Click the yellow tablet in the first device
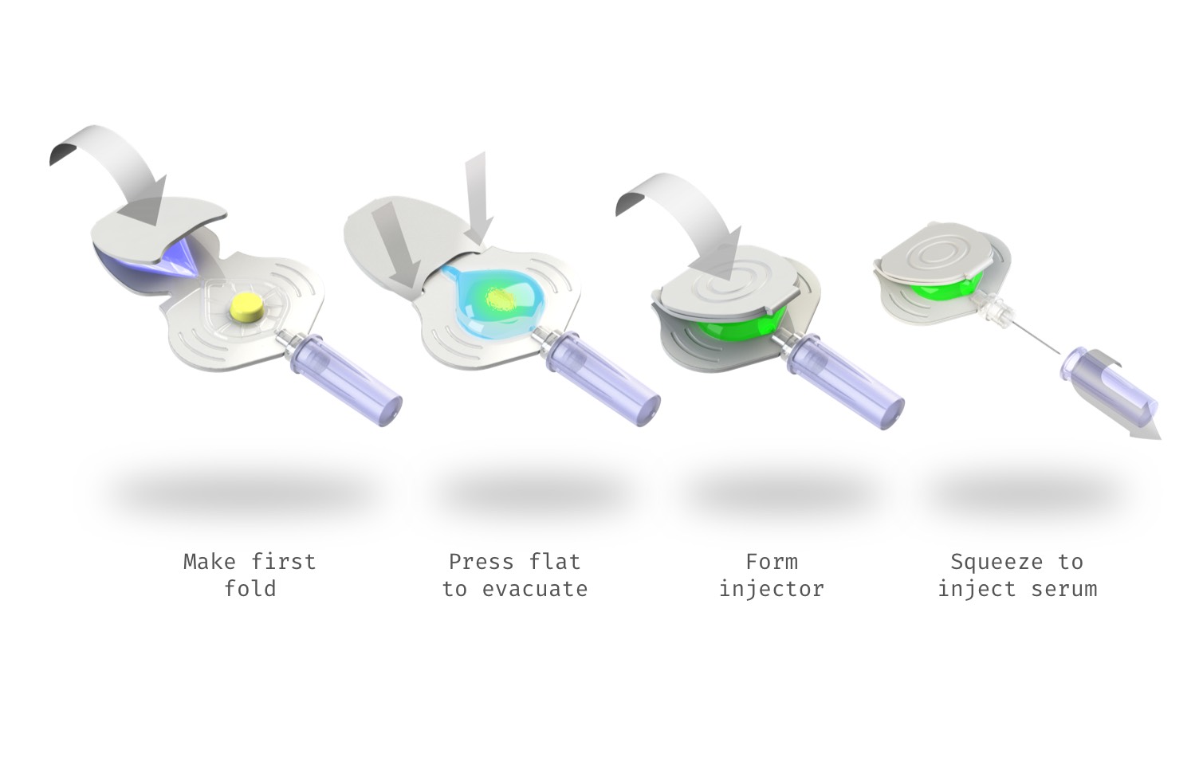[241, 305]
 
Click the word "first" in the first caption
[284, 562]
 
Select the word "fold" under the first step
[250, 589]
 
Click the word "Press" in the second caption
[481, 562]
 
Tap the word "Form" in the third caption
[771, 562]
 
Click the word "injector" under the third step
[771, 589]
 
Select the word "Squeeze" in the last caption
[997, 562]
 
